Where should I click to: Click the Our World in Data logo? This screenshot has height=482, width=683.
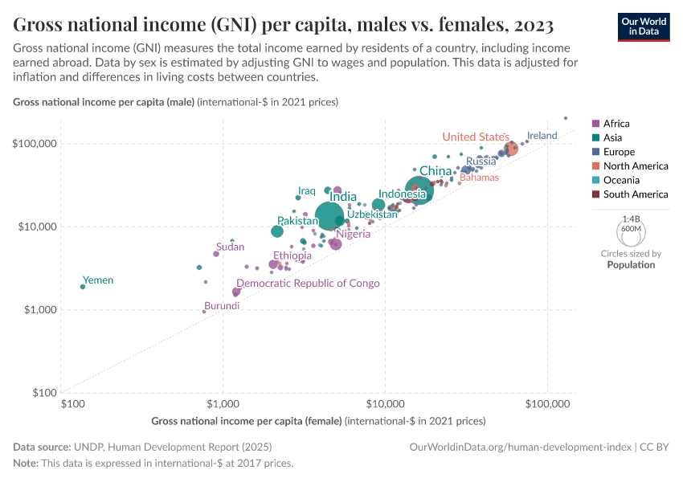(643, 27)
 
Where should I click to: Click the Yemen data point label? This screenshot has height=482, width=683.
(98, 280)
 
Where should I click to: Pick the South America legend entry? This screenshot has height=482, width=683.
(629, 194)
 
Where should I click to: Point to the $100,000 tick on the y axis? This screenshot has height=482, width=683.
(34, 144)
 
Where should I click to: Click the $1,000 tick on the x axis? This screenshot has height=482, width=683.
(222, 404)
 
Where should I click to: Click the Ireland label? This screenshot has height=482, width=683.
(542, 136)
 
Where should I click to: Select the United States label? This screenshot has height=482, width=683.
(476, 137)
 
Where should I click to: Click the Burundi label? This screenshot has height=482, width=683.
(221, 306)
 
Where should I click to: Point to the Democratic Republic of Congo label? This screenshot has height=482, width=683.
(308, 284)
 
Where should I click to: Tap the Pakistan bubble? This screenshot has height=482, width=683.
(277, 231)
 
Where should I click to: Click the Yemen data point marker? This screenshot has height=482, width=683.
(83, 287)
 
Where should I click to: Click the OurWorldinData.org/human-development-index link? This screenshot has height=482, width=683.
(520, 447)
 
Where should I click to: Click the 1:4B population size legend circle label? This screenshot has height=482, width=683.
(631, 219)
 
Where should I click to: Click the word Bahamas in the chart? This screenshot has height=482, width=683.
(479, 178)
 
